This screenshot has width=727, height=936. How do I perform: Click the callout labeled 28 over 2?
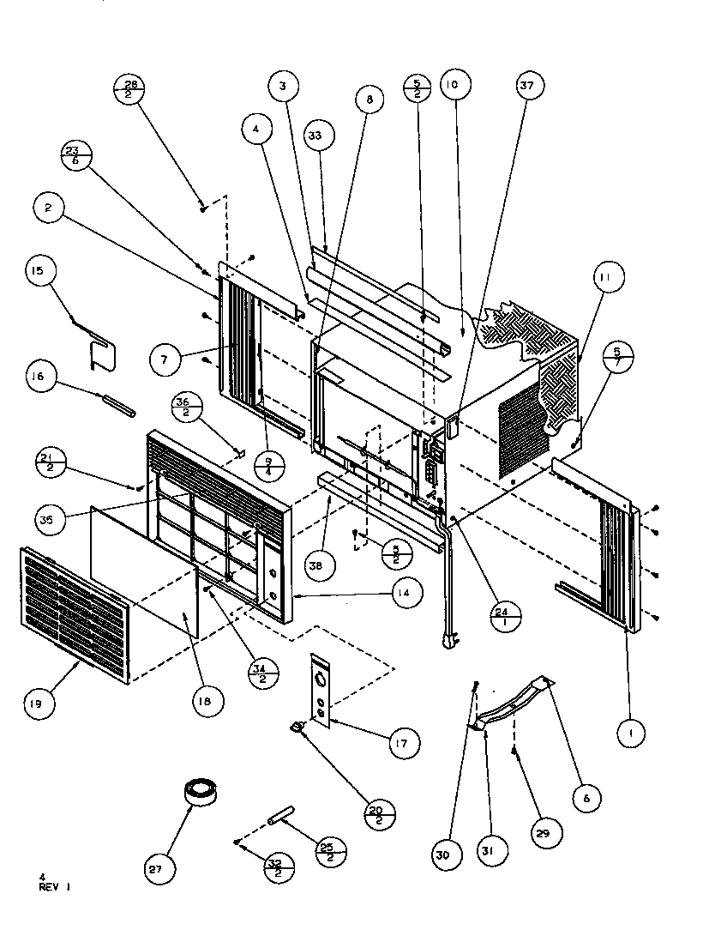(x=129, y=88)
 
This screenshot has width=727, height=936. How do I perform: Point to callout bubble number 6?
(x=586, y=797)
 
